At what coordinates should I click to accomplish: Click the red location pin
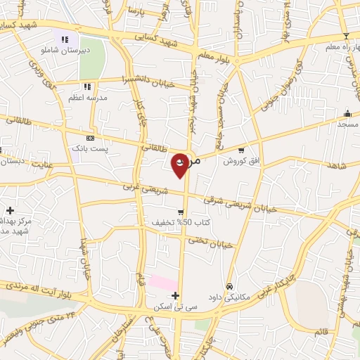(181, 165)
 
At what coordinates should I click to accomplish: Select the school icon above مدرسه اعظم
(86, 86)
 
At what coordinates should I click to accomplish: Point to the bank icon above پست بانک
(89, 138)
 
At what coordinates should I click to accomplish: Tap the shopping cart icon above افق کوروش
(241, 150)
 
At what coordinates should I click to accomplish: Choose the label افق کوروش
(241, 161)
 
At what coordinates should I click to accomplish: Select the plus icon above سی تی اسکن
(175, 295)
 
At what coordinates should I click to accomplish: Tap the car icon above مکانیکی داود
(230, 286)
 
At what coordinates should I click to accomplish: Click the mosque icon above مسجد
(347, 113)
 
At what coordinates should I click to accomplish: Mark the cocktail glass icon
(345, 36)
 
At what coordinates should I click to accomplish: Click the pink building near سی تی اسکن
(163, 283)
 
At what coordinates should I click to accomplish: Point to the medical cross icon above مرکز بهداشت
(10, 210)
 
